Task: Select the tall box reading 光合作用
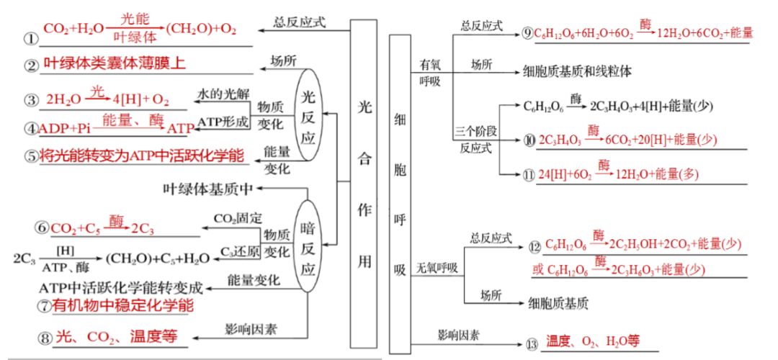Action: (x=365, y=184)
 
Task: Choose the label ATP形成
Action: (x=223, y=122)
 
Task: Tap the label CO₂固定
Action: (x=238, y=217)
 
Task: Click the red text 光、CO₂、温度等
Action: (x=117, y=336)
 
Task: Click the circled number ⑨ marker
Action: (x=527, y=32)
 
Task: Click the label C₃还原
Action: (x=238, y=251)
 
